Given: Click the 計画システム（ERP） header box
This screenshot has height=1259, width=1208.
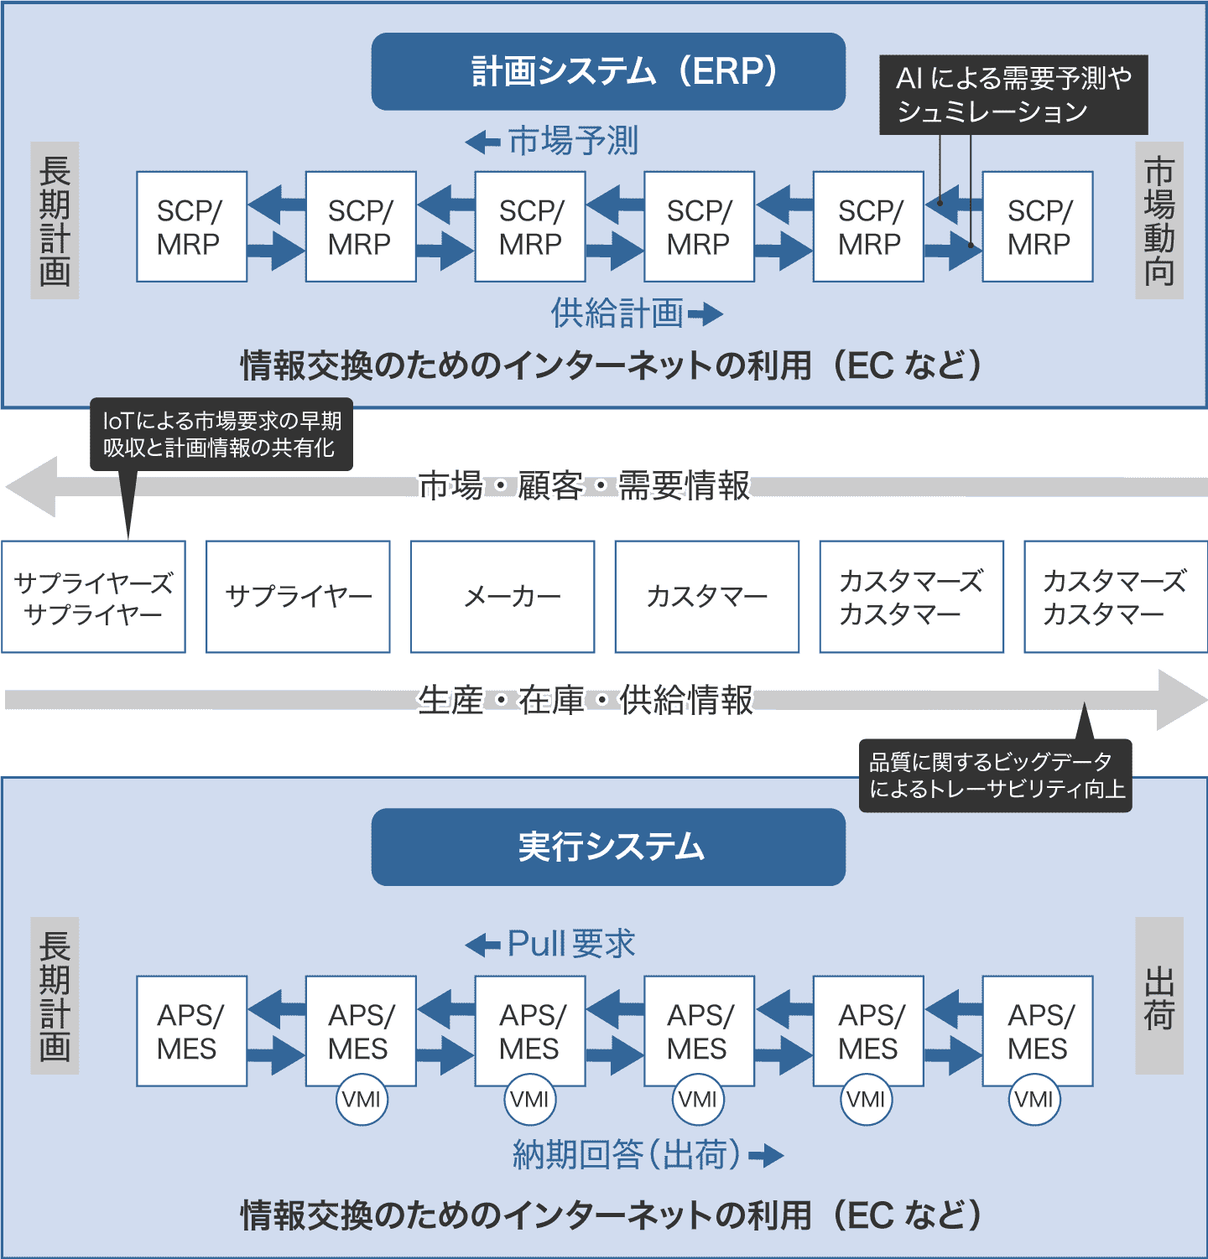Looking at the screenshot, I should [x=608, y=71].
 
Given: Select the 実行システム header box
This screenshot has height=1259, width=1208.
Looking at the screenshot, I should [x=608, y=847].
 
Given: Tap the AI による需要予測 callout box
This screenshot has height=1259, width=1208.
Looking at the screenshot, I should [x=1013, y=95].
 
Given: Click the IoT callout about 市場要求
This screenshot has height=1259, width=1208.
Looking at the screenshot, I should [x=221, y=434].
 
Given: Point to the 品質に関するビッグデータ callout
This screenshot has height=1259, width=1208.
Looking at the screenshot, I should [x=996, y=775].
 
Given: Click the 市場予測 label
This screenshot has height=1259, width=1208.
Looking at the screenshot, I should [x=573, y=141].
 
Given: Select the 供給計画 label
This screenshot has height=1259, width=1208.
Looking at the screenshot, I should [x=617, y=313].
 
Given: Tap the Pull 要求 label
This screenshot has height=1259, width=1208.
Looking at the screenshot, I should [x=570, y=945].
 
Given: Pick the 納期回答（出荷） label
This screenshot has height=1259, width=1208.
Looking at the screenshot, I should [x=627, y=1155].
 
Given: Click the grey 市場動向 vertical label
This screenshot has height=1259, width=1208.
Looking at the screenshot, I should [x=1159, y=220].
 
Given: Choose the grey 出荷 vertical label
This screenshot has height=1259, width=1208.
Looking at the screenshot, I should [x=1159, y=996].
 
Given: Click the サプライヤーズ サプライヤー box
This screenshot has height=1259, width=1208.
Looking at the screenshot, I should [x=93, y=597].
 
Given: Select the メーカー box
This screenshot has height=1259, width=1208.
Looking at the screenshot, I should [x=502, y=597].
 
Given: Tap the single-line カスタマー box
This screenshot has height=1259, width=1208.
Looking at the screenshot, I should [x=707, y=597].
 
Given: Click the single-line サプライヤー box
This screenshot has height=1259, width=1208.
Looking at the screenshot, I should [x=298, y=597].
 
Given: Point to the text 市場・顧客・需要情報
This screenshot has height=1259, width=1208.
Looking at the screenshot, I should [x=584, y=486].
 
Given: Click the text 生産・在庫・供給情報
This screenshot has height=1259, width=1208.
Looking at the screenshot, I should [x=586, y=700].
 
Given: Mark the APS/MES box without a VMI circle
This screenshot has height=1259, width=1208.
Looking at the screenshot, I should [x=191, y=1031].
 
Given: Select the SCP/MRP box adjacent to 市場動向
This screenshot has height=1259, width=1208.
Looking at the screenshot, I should [x=1038, y=226].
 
